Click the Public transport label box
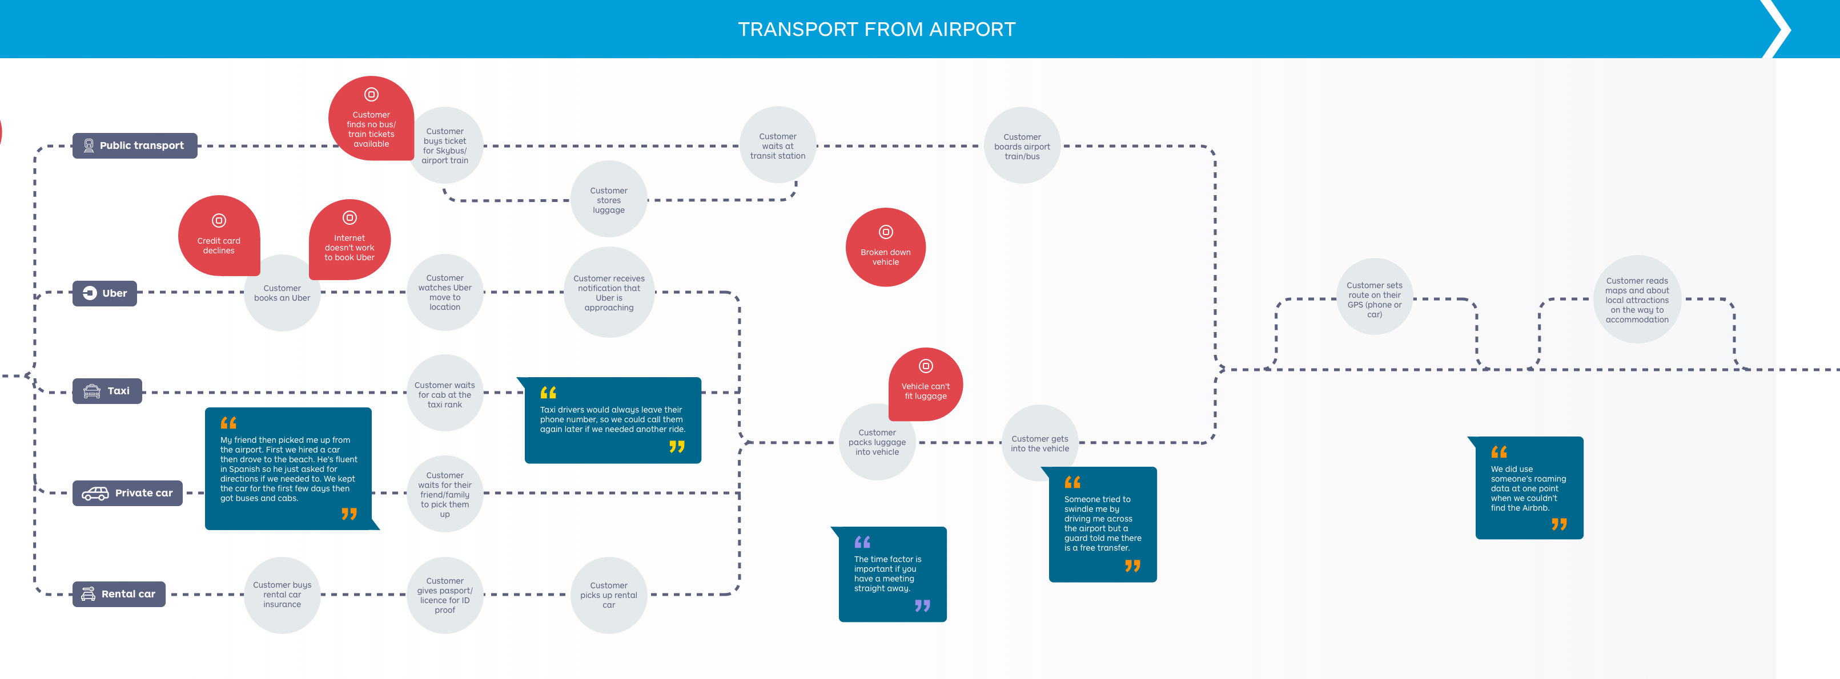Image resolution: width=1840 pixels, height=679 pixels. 134,145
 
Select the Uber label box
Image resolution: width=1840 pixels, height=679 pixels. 105,293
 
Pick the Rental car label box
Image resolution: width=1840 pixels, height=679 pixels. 119,594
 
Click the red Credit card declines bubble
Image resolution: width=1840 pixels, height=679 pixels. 219,236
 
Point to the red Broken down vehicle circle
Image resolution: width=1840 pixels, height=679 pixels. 885,248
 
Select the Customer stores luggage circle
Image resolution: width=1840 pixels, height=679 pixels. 609,200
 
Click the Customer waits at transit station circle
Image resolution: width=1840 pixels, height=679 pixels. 777,145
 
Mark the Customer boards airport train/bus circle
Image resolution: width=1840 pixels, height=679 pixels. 1022,145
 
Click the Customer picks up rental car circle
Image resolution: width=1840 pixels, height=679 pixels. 609,595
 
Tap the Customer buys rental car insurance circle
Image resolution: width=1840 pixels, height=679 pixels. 282,595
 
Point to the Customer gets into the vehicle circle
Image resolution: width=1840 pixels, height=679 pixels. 1039,443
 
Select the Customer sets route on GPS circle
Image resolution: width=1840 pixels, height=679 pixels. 1373,298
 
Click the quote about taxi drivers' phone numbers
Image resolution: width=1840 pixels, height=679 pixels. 612,420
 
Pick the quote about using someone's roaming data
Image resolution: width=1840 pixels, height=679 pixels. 1529,488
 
